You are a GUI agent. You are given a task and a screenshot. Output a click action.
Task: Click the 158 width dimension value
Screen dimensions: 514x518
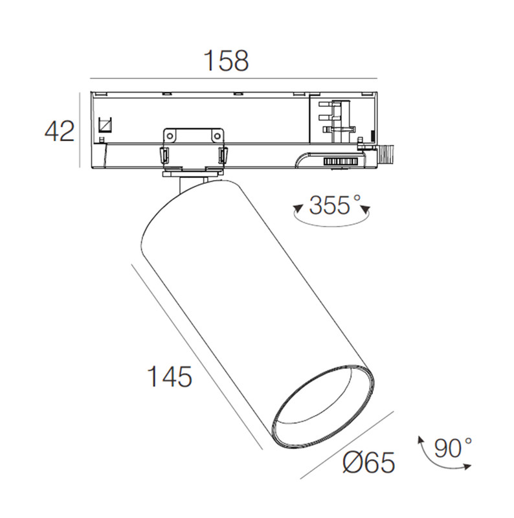click(x=227, y=61)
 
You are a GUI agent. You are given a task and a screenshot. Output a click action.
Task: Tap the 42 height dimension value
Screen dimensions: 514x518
click(x=60, y=131)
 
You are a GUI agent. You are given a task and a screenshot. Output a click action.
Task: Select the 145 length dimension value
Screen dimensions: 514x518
click(x=170, y=377)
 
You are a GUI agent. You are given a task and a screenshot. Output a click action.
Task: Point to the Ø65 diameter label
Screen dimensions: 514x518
click(x=368, y=462)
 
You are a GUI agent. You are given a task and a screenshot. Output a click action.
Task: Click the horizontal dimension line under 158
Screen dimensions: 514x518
click(x=234, y=78)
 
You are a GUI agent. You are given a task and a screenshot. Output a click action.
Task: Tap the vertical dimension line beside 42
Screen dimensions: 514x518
click(x=80, y=130)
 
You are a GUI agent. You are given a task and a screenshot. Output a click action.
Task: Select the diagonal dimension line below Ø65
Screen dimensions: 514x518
click(x=347, y=445)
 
